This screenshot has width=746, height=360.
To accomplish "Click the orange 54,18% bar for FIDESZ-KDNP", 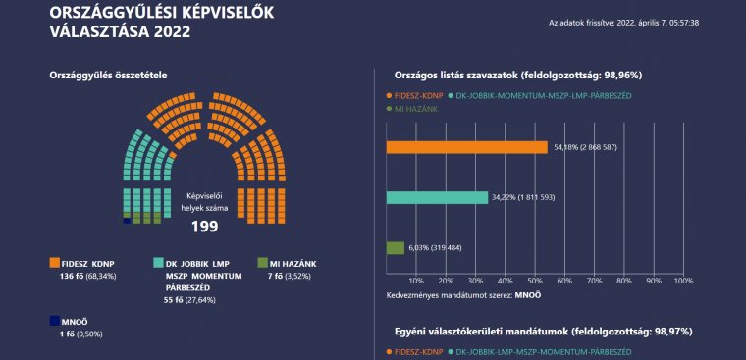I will (466, 148).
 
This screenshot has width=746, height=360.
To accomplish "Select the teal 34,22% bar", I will (437, 198).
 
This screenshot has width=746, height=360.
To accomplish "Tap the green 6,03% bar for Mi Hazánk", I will (395, 248).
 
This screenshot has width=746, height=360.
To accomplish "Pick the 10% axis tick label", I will (415, 280).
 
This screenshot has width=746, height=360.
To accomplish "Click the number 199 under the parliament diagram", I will (204, 227).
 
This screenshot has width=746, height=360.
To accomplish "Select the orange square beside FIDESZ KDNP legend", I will (55, 263).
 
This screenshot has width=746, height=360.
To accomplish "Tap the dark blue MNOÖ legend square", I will (55, 320).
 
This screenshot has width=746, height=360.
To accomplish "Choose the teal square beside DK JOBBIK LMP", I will (158, 263).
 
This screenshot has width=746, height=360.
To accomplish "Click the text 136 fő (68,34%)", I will (84, 278).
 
